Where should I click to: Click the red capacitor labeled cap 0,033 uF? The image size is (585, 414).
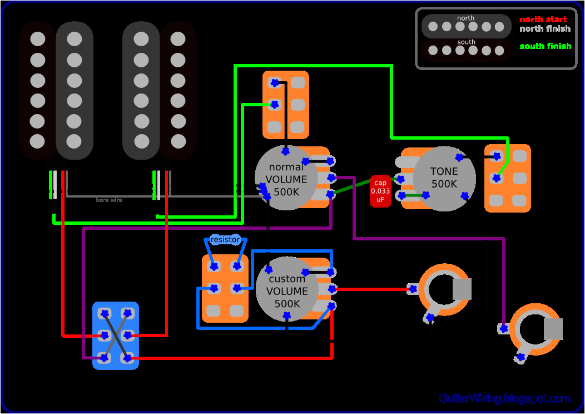click(380, 191)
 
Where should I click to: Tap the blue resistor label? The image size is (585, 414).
click(225, 240)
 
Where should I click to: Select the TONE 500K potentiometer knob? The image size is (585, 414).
click(444, 178)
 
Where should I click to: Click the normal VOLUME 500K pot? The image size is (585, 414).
click(286, 179)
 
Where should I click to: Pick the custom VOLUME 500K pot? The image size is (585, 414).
click(287, 290)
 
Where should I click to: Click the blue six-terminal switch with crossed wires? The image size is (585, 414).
click(115, 336)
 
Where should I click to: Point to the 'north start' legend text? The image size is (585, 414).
click(543, 19)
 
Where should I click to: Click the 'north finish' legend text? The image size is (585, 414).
click(544, 29)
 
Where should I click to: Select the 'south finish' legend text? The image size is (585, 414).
click(545, 46)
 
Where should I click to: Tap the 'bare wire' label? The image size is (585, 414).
click(109, 200)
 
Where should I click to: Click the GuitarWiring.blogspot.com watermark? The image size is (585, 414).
click(504, 398)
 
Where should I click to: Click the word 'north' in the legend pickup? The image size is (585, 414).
click(465, 18)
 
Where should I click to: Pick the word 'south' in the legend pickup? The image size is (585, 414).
click(466, 42)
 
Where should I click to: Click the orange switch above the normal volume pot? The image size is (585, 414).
click(286, 105)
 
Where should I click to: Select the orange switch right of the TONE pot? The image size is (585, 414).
click(507, 178)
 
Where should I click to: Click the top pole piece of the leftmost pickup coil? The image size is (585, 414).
click(37, 39)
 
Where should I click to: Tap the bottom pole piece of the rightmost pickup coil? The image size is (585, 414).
click(178, 141)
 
